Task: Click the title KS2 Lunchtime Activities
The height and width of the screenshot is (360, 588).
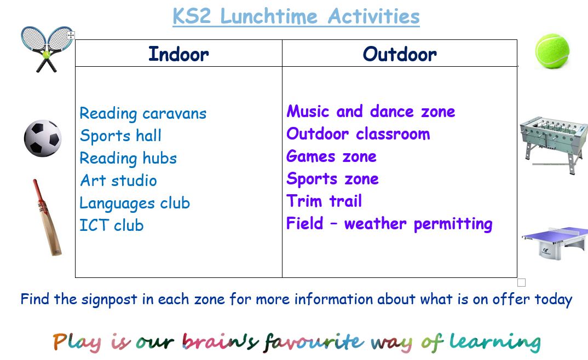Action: click(296, 17)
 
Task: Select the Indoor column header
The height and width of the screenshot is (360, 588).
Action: click(178, 54)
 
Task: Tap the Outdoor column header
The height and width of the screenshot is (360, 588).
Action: click(400, 54)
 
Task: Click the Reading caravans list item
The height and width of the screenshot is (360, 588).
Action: click(143, 113)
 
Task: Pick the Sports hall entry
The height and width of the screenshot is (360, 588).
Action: click(120, 136)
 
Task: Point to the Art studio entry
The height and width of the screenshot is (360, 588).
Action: click(118, 180)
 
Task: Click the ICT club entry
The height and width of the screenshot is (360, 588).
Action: click(111, 225)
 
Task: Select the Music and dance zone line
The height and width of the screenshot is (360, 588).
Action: click(371, 111)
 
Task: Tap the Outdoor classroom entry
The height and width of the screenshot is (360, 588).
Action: click(358, 133)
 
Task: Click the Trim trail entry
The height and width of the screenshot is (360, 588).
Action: click(324, 201)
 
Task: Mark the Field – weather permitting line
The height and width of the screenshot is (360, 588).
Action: click(389, 224)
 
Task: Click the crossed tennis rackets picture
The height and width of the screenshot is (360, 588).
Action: click(47, 49)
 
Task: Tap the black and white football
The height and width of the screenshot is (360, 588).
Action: click(43, 138)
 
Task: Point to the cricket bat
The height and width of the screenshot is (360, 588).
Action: click(47, 218)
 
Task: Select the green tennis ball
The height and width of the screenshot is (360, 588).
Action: click(552, 51)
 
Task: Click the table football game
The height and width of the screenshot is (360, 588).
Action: click(554, 145)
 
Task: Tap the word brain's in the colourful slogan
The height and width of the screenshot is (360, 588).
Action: click(221, 342)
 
